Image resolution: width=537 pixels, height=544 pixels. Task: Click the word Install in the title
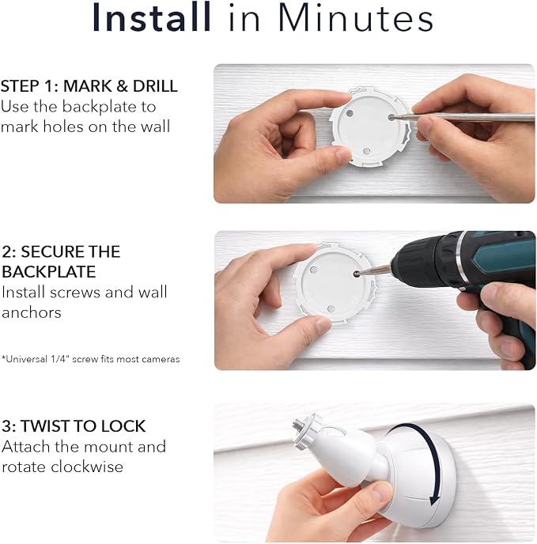[152, 17]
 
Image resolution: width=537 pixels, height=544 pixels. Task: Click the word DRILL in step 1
[155, 86]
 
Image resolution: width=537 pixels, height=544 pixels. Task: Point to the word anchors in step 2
[32, 312]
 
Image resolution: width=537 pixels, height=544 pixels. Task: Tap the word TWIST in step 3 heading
[43, 426]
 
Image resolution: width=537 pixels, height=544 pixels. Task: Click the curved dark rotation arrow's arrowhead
[435, 500]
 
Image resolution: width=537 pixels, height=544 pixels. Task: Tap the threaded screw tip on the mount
[298, 423]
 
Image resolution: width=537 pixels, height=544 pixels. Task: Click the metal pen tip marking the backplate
[392, 118]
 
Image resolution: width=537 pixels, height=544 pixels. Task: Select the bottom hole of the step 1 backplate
[367, 151]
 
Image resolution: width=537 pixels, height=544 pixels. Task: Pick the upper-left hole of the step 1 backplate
[350, 113]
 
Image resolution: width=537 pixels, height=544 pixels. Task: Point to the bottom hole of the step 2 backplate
[331, 309]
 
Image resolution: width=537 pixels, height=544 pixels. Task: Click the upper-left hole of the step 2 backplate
[313, 270]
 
